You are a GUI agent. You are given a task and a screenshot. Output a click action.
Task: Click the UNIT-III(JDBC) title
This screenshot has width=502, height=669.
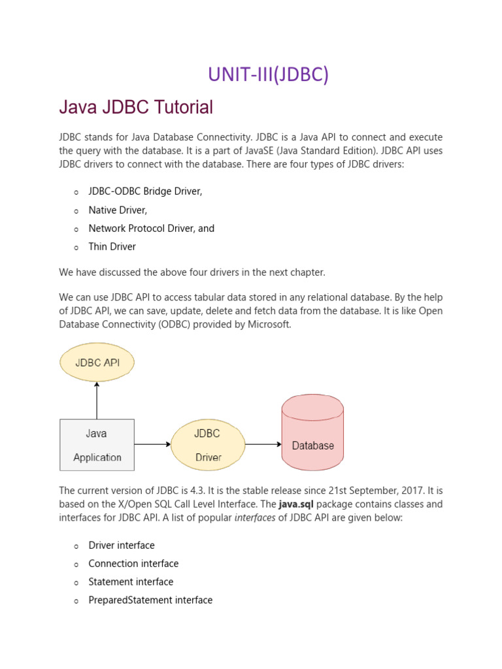tap(268, 75)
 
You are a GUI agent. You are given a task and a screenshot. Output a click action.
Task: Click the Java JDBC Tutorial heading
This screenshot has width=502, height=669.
tap(136, 107)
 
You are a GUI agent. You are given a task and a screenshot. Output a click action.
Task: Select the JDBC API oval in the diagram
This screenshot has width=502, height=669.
tap(97, 363)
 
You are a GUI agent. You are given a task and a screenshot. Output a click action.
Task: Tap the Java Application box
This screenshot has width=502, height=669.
tap(97, 445)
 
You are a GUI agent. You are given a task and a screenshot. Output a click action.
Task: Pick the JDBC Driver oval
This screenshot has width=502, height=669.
tap(208, 445)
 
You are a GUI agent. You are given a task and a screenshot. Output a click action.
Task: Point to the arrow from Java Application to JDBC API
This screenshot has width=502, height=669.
tap(97, 400)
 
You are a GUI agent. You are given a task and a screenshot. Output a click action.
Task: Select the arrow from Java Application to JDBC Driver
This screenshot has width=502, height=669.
tap(152, 445)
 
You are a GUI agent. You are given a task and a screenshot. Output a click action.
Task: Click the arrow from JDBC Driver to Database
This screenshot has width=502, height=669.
tap(263, 445)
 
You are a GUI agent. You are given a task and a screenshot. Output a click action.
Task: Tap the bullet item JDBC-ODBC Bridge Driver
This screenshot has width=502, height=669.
tap(145, 191)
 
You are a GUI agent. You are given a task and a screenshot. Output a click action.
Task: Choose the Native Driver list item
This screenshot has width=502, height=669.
tap(118, 210)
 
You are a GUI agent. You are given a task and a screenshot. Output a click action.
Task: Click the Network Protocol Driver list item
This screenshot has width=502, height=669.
tap(151, 229)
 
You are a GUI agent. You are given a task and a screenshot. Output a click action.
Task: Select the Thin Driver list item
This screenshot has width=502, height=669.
tap(112, 247)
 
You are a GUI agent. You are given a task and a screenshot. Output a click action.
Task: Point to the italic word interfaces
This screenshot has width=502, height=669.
tap(254, 517)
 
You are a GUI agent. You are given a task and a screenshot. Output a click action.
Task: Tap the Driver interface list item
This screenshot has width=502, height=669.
tap(122, 545)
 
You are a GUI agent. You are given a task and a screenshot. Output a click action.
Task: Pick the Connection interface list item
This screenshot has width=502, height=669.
tap(133, 563)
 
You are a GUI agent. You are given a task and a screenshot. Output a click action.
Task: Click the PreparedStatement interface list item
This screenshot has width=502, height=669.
tap(150, 600)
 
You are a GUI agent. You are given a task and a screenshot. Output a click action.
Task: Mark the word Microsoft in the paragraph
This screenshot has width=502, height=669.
tap(267, 325)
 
